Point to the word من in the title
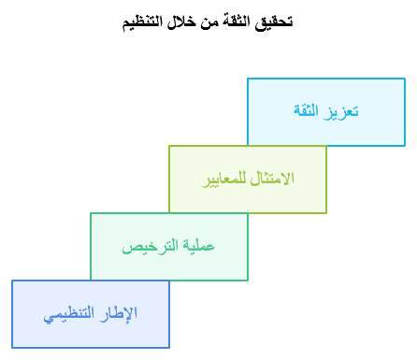click(x=204, y=21)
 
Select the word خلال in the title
click(x=180, y=21)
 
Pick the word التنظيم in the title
click(x=142, y=21)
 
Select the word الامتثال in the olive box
click(x=274, y=179)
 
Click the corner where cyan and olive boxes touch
click(x=248, y=146)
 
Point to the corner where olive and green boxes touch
click(x=169, y=213)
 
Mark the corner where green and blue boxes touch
click(x=91, y=281)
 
